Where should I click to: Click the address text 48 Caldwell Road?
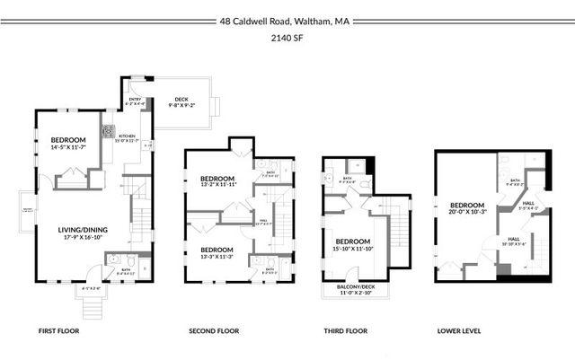257,21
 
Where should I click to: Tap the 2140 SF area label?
287,39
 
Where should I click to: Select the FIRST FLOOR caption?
59,331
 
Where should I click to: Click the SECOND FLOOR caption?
211,331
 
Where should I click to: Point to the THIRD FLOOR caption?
345,331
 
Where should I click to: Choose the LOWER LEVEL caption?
459,331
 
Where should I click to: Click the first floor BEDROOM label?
68,139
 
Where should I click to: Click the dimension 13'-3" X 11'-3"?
218,256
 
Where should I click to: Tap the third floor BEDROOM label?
352,241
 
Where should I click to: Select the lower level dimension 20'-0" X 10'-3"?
467,213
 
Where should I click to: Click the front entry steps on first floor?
91,308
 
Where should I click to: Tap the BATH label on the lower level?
515,180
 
